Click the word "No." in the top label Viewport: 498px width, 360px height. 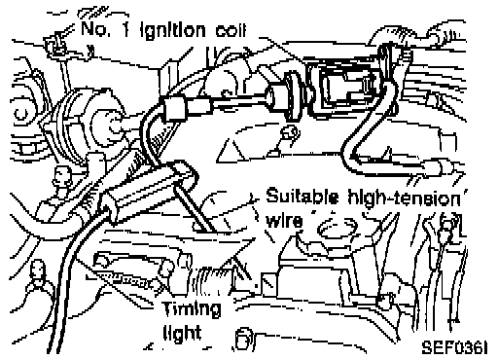coord(95,28)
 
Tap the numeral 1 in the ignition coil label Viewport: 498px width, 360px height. coord(126,29)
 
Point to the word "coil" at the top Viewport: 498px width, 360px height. coord(231,30)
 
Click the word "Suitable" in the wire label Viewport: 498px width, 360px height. coord(302,197)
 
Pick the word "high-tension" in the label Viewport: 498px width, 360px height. coord(404,198)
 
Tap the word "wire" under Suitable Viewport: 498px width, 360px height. coord(284,221)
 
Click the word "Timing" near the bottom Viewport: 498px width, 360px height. coord(192,309)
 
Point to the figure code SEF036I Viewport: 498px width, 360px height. coord(454,347)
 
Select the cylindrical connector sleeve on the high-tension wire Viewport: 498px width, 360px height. coord(174,109)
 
